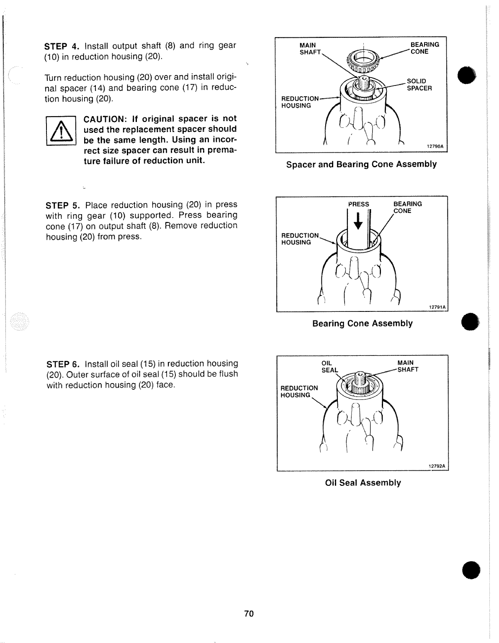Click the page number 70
click(x=249, y=614)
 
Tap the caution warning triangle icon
click(x=61, y=131)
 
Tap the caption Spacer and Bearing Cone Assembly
click(x=361, y=164)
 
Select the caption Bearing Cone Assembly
click(x=362, y=324)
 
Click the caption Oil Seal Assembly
click(x=363, y=483)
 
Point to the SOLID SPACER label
click(x=419, y=85)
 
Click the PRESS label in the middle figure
click(x=359, y=204)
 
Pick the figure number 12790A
click(x=435, y=146)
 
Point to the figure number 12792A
click(x=437, y=466)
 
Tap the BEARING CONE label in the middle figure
click(x=407, y=207)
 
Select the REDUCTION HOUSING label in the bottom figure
click(x=299, y=392)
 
